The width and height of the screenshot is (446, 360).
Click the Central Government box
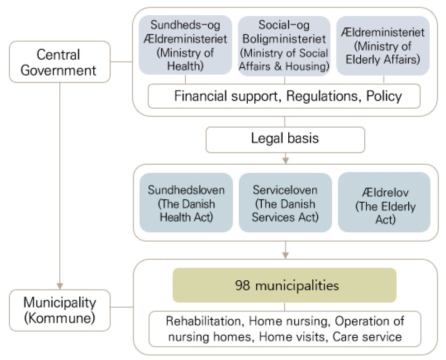[x=59, y=62]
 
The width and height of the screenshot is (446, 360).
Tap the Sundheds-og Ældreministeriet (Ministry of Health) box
[x=185, y=46]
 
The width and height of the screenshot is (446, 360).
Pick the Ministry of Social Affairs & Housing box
[x=285, y=46]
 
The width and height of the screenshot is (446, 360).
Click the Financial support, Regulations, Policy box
[x=285, y=97]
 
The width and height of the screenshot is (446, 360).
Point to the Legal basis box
[x=285, y=138]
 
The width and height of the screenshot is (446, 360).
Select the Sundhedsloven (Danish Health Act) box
[x=185, y=203]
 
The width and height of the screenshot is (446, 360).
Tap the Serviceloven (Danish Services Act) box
[x=285, y=203]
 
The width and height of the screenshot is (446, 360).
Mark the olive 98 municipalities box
[x=285, y=285]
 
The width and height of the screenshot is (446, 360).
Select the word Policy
[x=384, y=97]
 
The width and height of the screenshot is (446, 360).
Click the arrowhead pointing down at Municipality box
[x=59, y=284]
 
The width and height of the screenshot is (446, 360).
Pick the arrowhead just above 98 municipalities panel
[x=285, y=255]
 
